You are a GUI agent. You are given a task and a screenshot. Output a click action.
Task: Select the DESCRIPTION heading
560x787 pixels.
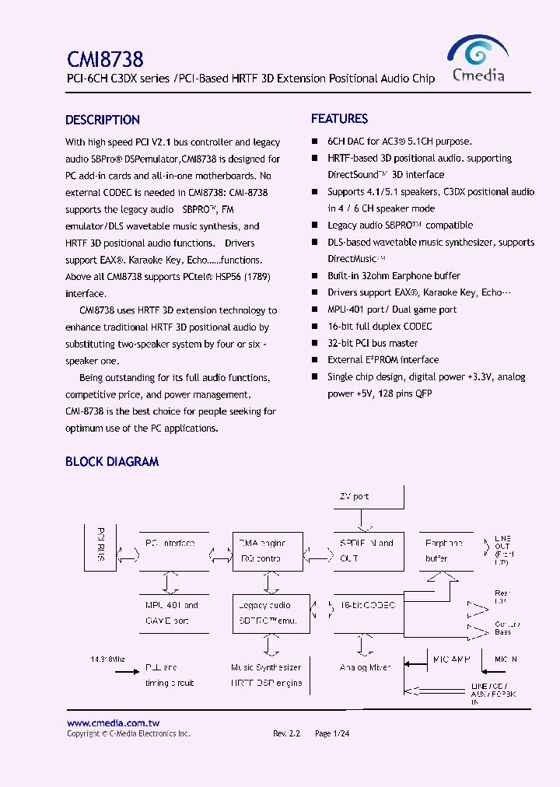click(x=103, y=120)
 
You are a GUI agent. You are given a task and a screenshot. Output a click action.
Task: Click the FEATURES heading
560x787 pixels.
click(x=339, y=119)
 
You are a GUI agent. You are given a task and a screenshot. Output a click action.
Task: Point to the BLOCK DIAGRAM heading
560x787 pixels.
click(x=112, y=461)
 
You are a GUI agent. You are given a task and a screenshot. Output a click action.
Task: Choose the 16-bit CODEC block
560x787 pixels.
click(x=369, y=605)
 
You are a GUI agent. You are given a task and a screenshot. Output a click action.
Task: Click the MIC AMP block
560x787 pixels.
click(x=451, y=660)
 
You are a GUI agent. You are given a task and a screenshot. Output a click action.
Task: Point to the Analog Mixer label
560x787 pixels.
click(x=365, y=667)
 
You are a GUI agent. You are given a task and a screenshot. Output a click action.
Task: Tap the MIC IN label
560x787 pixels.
click(x=506, y=659)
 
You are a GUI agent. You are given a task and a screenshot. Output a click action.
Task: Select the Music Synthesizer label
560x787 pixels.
click(x=266, y=667)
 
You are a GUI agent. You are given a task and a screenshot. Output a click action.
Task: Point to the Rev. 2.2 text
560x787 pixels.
click(x=286, y=733)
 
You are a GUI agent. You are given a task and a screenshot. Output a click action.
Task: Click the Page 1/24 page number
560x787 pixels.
click(x=332, y=733)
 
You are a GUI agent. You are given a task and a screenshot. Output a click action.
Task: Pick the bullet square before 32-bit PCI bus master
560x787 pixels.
click(x=315, y=343)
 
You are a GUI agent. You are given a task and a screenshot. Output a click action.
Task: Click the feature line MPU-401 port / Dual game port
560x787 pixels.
click(x=392, y=310)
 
